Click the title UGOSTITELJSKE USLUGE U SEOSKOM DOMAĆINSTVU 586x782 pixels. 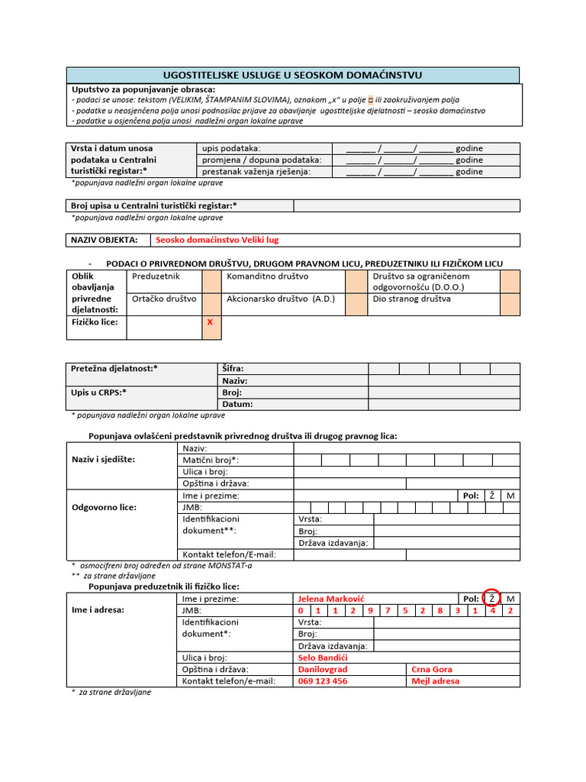(x=293, y=75)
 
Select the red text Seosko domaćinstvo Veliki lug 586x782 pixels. (x=217, y=240)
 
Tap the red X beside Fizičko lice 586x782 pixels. (x=209, y=322)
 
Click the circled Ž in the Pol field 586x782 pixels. (x=492, y=599)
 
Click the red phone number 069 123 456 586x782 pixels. (x=322, y=681)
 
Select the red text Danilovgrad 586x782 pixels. (x=322, y=669)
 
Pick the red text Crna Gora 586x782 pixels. (x=432, y=669)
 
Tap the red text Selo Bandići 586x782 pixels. (x=323, y=658)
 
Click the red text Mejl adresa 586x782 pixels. (x=435, y=681)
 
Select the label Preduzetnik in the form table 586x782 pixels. (x=156, y=276)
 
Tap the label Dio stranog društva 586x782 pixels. (x=412, y=299)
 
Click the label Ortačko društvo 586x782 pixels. (x=164, y=299)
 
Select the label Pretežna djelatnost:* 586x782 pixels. (x=114, y=369)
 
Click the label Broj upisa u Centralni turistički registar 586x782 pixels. (x=153, y=205)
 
